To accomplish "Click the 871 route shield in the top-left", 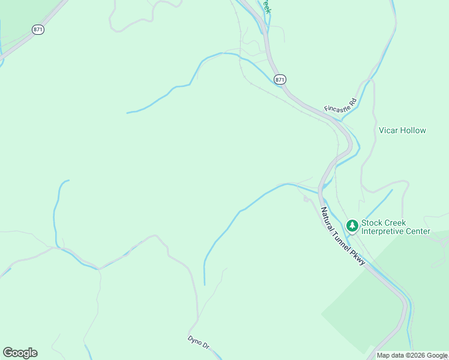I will point(38,29).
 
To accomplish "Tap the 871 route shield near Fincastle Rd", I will point(280,79).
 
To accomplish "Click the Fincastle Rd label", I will point(341,104).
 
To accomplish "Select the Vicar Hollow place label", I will point(402,130).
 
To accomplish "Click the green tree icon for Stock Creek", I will point(352,226).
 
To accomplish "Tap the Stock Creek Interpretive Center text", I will point(396,226).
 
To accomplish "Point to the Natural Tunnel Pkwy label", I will point(343,236).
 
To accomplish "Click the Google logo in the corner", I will point(20,353).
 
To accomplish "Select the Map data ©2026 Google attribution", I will point(412,355).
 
